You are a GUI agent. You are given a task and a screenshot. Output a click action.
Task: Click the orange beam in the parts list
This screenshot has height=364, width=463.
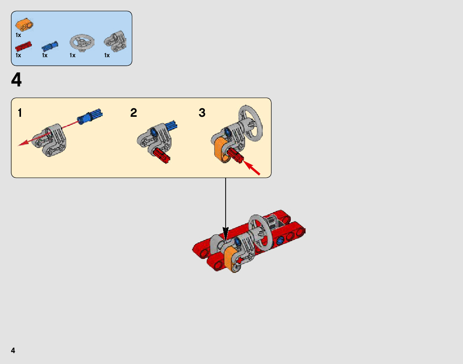24,26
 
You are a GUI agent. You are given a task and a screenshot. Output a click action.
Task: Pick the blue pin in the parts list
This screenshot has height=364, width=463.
50,46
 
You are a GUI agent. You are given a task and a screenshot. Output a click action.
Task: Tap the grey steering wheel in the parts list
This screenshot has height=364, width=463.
82,42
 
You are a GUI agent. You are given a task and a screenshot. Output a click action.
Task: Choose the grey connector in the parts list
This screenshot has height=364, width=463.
115,42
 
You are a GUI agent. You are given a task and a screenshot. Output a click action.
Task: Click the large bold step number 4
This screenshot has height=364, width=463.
17,81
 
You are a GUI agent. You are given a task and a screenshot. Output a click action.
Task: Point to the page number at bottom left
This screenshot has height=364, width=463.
13,350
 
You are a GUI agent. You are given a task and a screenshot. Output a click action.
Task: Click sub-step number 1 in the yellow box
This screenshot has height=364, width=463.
20,113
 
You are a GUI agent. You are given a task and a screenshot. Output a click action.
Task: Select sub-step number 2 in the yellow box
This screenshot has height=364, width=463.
134,113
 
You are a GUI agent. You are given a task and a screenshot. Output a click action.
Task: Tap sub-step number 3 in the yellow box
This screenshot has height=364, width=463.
202,113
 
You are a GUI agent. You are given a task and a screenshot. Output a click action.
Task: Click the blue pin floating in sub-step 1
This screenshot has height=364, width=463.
90,116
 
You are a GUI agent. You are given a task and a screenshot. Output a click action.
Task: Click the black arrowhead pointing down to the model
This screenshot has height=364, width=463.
225,231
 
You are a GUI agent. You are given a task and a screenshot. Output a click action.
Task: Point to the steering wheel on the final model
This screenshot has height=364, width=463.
260,232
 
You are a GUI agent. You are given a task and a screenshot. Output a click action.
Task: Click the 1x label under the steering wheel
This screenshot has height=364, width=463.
72,55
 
